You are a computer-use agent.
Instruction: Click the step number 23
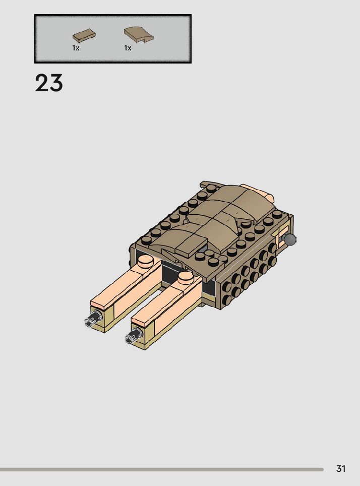click(49, 83)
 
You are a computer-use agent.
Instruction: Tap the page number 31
click(341, 468)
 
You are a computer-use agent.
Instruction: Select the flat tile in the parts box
click(84, 35)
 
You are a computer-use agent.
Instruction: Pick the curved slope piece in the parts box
click(139, 34)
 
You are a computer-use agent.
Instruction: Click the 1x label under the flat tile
click(76, 48)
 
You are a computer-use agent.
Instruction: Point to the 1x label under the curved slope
click(128, 48)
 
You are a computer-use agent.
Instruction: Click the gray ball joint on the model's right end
click(289, 239)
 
